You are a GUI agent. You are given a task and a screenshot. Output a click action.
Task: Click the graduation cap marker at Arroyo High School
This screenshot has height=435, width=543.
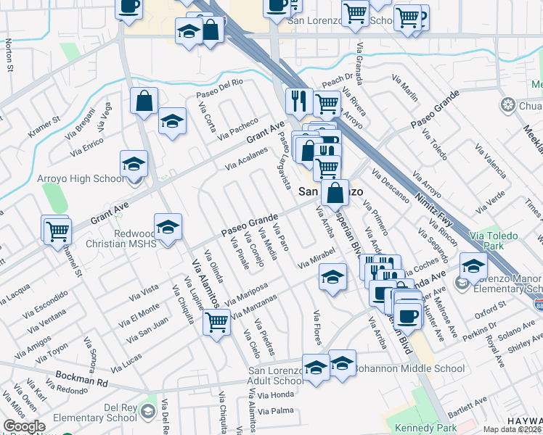point(134,165)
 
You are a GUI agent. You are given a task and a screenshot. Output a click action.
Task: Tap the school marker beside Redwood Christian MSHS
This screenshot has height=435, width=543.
point(168,228)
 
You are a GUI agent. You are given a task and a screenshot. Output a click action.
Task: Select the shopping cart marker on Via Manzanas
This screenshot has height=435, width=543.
point(217,321)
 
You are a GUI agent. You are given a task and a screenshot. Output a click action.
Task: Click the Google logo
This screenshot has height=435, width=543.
point(24,426)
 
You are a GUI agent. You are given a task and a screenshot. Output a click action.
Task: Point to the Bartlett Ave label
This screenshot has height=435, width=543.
point(467,410)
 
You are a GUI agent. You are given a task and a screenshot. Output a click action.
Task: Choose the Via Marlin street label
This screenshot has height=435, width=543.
point(408,92)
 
